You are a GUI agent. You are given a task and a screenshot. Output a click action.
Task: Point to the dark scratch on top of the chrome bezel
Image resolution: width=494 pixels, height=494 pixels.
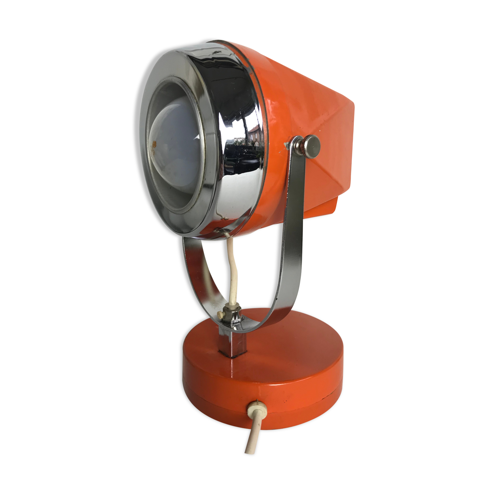tap(216, 53)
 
